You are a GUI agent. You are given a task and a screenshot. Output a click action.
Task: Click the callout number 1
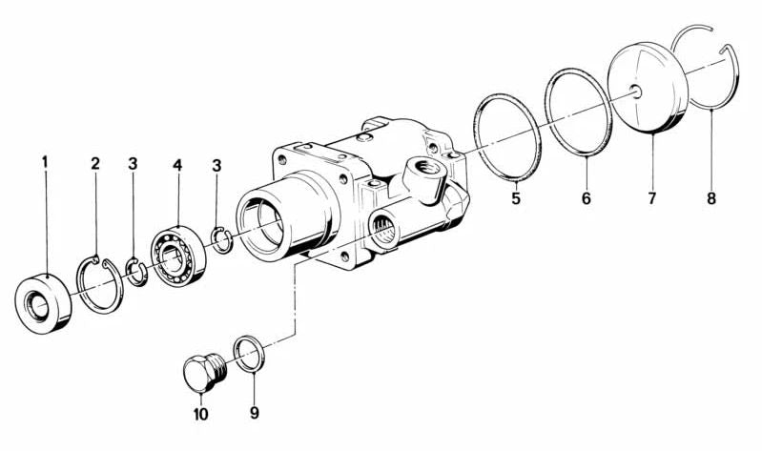click(45, 162)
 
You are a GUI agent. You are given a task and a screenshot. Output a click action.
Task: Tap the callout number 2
click(95, 163)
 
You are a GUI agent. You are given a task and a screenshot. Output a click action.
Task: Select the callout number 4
click(177, 165)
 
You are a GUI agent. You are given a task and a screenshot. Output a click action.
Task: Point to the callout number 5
click(516, 198)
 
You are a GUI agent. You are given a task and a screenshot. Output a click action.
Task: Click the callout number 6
click(587, 198)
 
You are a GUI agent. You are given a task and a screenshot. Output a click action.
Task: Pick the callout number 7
click(651, 198)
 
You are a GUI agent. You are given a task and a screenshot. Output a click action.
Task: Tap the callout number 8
click(711, 198)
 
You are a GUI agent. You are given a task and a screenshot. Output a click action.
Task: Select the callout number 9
click(255, 413)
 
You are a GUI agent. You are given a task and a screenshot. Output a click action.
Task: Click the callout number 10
click(200, 414)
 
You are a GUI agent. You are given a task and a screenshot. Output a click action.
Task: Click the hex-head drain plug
click(205, 372)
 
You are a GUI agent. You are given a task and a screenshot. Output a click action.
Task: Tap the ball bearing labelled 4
click(178, 256)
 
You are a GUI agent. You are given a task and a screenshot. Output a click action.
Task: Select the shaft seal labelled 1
click(43, 304)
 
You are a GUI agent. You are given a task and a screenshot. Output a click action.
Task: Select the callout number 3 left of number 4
click(133, 164)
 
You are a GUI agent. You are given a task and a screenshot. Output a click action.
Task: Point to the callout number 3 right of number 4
click(216, 166)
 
